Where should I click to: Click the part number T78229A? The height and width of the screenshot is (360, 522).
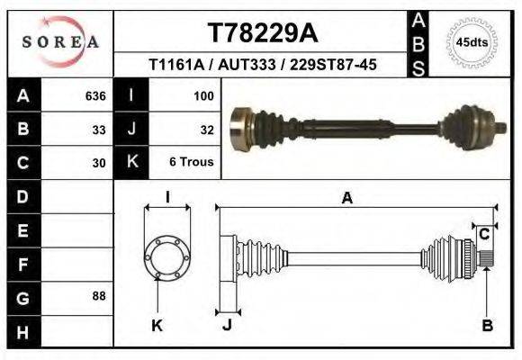[262, 33]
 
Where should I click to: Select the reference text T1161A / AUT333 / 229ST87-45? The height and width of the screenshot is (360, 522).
[262, 65]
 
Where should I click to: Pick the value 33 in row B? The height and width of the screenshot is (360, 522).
[99, 129]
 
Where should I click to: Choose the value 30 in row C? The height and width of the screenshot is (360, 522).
[99, 163]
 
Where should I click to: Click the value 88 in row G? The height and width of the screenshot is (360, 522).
[99, 295]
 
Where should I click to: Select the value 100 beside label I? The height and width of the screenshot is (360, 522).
[202, 94]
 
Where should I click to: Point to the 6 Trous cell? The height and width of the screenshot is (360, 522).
[191, 163]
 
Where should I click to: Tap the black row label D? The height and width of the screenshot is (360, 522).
[22, 196]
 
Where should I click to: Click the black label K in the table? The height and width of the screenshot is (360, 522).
[132, 163]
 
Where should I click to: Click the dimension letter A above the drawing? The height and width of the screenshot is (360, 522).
[346, 199]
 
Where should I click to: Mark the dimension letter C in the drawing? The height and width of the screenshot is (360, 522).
[484, 235]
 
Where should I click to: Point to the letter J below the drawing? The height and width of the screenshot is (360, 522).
[227, 325]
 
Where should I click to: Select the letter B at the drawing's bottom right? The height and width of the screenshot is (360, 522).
[487, 326]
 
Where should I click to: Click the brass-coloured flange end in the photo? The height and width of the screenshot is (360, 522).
[239, 128]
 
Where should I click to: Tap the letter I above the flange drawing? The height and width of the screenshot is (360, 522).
[167, 197]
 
